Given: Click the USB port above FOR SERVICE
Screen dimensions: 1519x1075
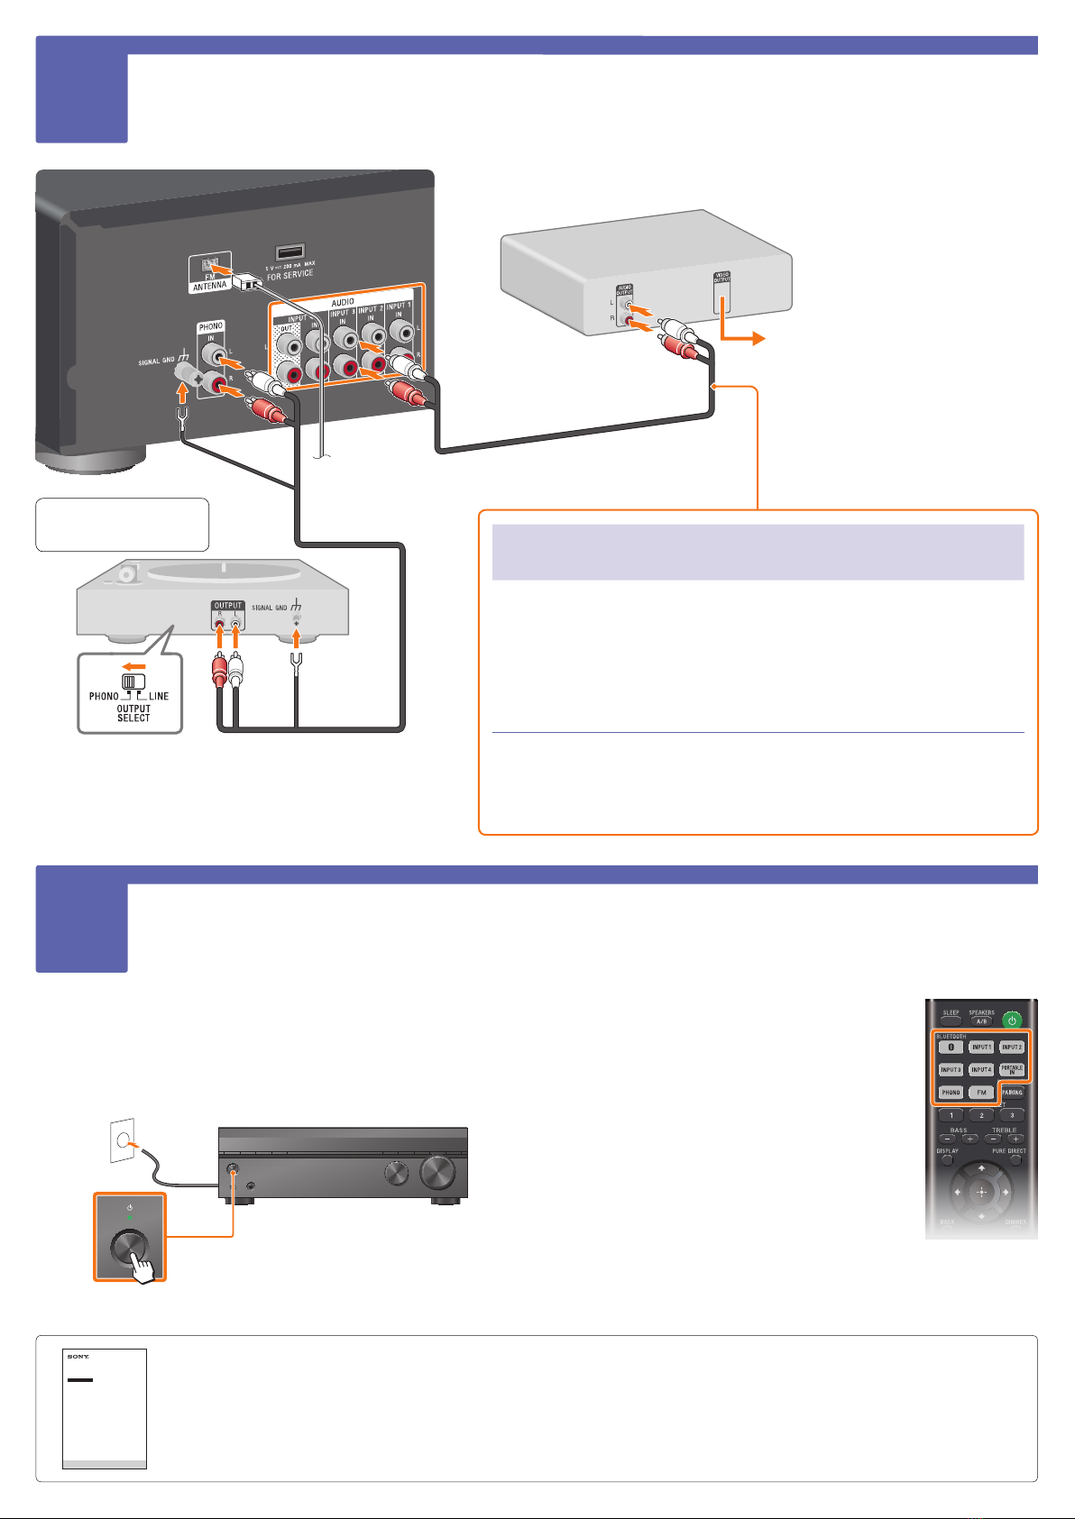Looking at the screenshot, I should [289, 253].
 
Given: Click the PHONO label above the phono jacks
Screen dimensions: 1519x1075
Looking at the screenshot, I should [211, 326].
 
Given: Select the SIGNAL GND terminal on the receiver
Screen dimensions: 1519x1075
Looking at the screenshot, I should [187, 371].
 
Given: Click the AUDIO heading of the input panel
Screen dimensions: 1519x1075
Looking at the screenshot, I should [343, 302].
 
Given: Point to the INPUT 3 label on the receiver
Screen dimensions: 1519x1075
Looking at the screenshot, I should [342, 314].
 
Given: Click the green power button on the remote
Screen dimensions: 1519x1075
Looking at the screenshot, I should [1012, 1020].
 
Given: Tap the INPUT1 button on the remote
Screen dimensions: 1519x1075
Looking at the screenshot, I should [981, 1048].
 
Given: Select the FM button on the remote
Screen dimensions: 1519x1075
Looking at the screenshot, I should [981, 1093].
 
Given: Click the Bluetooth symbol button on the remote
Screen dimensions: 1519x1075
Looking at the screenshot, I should [951, 1048].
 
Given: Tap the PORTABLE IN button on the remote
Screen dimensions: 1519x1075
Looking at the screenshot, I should [1012, 1070].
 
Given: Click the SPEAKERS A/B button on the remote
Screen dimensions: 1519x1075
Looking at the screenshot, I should [981, 1020].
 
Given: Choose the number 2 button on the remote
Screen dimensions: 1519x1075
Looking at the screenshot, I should [981, 1115].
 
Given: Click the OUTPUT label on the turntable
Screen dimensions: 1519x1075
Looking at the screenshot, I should [228, 606].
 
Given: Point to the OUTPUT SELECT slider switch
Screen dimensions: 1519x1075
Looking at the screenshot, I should [133, 682].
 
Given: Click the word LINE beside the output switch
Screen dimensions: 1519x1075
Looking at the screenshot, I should [159, 696].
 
